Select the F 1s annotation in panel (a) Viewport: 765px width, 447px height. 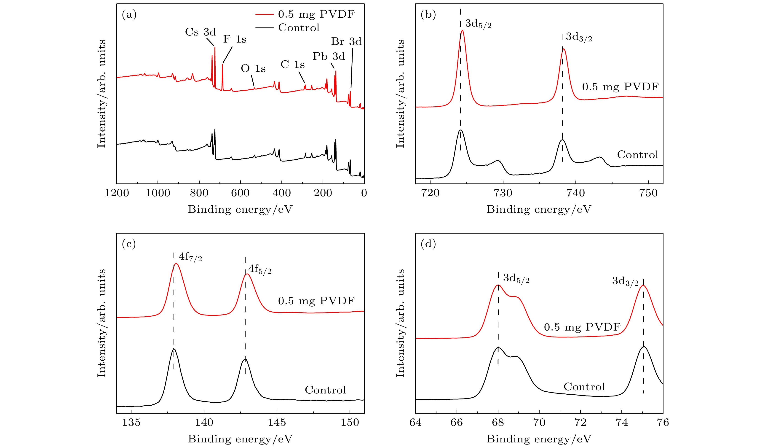(x=235, y=39)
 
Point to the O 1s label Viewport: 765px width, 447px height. (x=253, y=69)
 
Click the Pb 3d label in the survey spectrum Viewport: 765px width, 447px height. (x=329, y=57)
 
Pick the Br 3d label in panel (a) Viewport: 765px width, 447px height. (x=346, y=42)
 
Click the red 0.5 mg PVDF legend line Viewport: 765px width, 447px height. (x=264, y=14)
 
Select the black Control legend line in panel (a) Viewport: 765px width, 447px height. (x=264, y=28)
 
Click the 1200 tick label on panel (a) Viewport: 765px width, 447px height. (x=117, y=193)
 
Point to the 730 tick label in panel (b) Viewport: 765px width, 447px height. (x=503, y=193)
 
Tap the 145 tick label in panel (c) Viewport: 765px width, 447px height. (x=277, y=422)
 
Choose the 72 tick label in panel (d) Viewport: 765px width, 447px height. (x=580, y=422)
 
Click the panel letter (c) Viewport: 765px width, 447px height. (x=129, y=244)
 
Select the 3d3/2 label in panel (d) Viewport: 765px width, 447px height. (x=625, y=281)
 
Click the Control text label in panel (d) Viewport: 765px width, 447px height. (x=584, y=387)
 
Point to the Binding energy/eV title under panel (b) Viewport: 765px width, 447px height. (x=539, y=210)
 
